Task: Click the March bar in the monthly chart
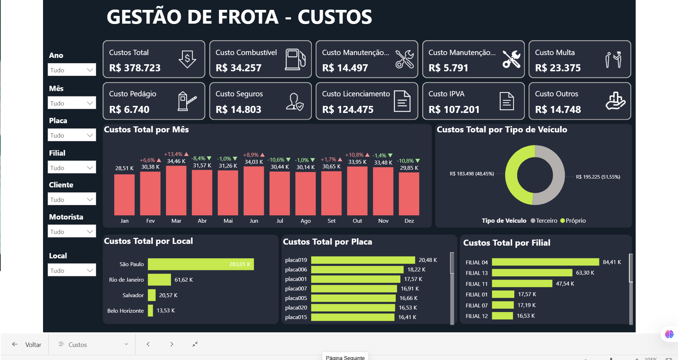(x=176, y=190)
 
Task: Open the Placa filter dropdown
(x=72, y=135)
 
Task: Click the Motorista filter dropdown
(x=72, y=232)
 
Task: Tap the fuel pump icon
(x=295, y=59)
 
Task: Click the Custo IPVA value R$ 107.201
(x=454, y=109)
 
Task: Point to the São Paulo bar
(x=200, y=264)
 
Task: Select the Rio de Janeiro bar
(x=159, y=280)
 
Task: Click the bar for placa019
(x=363, y=260)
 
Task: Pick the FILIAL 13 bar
(x=532, y=273)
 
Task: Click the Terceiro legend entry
(x=544, y=221)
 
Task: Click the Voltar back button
(x=27, y=344)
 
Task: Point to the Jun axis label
(x=254, y=221)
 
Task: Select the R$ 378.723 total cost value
(x=135, y=68)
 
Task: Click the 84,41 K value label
(x=612, y=262)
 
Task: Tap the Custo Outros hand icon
(x=615, y=101)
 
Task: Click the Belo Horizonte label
(x=126, y=311)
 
